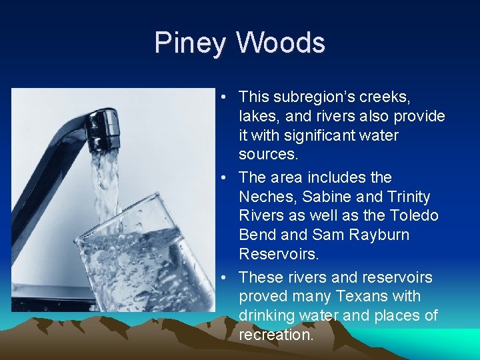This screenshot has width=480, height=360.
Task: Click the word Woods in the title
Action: click(x=280, y=43)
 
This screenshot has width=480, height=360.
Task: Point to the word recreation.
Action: click(x=275, y=335)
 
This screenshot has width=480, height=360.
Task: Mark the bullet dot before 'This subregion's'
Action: click(x=227, y=98)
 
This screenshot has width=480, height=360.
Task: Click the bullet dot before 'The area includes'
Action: click(x=227, y=178)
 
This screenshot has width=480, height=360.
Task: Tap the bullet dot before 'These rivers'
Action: click(x=227, y=277)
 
